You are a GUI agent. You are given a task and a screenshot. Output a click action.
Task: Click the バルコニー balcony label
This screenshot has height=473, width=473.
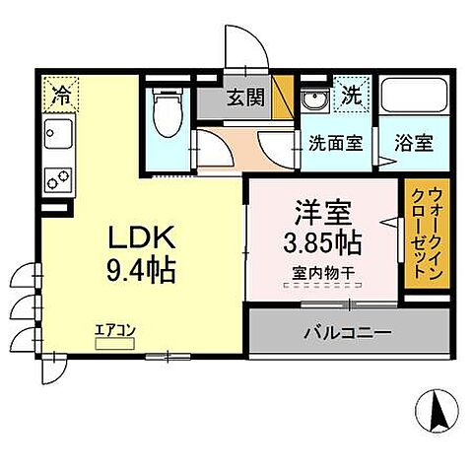click(x=346, y=332)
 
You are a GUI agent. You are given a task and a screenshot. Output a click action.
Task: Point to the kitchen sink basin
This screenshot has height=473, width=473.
click(x=57, y=132)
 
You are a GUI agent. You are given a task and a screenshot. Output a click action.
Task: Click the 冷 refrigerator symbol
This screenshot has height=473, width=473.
click(x=60, y=97)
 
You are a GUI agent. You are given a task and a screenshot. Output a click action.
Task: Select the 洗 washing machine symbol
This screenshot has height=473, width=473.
click(x=350, y=97)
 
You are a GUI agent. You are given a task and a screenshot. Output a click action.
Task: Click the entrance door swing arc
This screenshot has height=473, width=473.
click(x=239, y=47)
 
